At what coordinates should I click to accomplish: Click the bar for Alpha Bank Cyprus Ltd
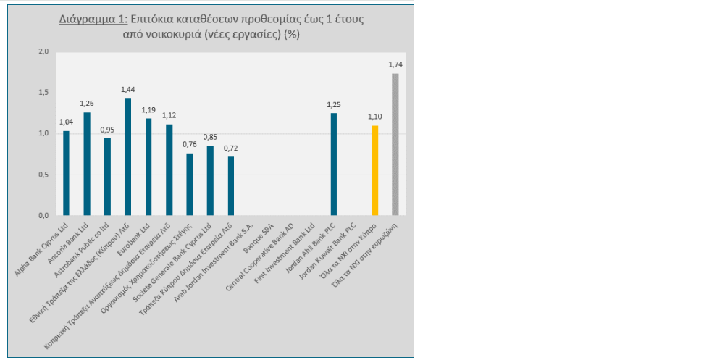66,173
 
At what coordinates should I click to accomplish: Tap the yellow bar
374,170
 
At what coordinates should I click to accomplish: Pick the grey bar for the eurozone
395,144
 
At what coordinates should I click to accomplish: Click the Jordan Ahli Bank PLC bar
334,164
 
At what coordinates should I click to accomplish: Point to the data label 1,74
395,64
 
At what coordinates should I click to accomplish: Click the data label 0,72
230,148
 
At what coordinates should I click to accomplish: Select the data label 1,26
87,104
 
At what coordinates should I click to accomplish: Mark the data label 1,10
374,117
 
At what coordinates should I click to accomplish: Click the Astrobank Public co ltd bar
107,177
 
